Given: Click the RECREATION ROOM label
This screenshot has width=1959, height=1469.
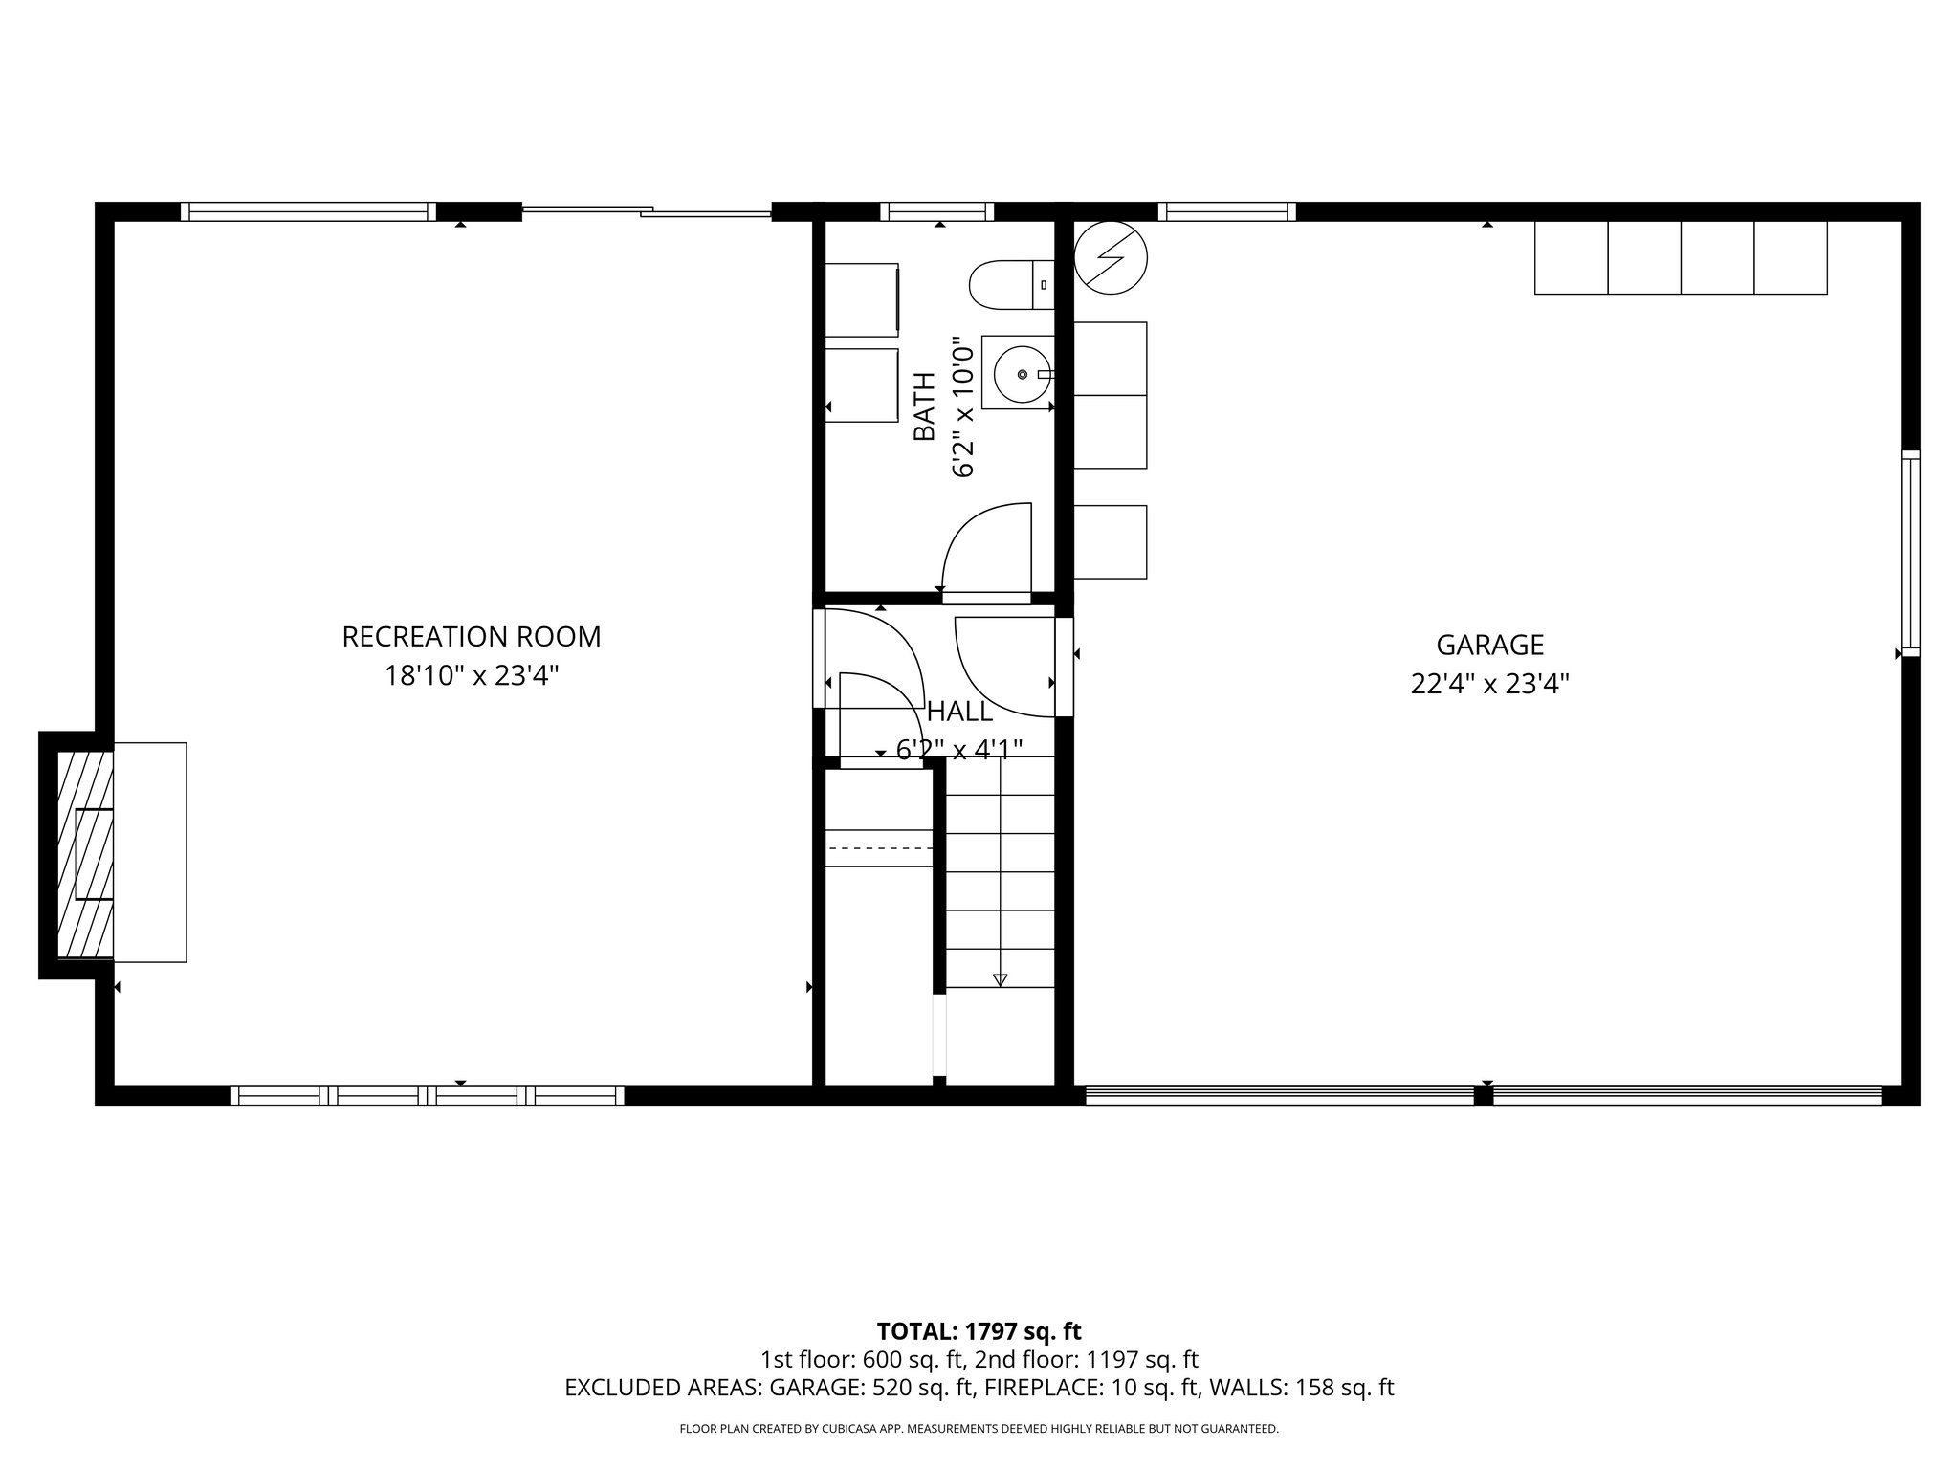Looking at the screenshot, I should [472, 637].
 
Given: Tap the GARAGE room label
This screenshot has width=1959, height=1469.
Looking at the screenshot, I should [1489, 646].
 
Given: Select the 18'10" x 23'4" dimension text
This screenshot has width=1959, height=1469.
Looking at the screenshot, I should [472, 676].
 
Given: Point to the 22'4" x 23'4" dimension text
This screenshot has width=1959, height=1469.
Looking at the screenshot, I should [1489, 685].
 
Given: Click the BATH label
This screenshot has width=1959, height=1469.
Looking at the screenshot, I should [924, 406].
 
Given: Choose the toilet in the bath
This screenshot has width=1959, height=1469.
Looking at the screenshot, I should [1010, 285].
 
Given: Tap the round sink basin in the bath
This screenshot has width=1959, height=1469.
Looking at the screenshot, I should [1023, 374].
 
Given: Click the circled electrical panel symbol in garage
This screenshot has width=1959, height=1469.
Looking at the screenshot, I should [1111, 257].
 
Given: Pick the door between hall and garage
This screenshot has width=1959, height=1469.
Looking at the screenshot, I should [1064, 667].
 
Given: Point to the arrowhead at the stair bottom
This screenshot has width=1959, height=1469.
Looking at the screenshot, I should [1000, 979].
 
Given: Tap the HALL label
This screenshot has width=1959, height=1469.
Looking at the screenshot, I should [959, 713].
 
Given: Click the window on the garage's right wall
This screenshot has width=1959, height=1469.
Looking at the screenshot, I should [1909, 553].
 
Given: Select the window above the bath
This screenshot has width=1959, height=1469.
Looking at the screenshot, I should [937, 211].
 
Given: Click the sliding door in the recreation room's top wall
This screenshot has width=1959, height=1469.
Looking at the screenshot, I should [647, 211].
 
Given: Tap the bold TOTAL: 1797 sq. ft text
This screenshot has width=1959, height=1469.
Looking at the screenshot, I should [979, 1331].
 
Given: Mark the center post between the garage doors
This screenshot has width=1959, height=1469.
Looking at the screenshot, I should [1484, 1096].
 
